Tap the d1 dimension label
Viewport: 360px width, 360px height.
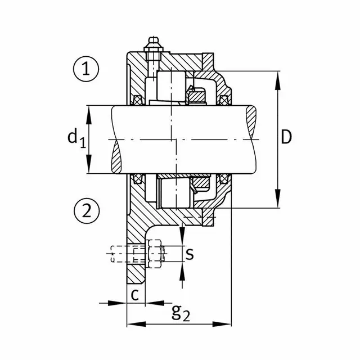click(76, 137)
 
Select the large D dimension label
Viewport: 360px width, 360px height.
click(287, 137)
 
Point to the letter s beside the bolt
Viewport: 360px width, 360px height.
click(190, 254)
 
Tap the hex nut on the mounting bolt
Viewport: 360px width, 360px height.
click(155, 254)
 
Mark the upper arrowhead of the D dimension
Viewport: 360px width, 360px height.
click(278, 78)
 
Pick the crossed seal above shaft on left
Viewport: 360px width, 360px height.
click(137, 101)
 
